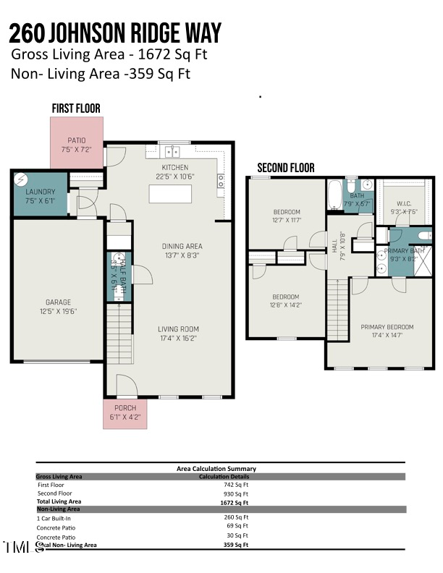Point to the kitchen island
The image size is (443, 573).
pos(171,195)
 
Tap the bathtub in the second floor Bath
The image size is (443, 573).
pos(334,195)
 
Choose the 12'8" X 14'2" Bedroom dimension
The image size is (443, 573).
pos(285,305)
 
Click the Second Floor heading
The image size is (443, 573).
pos(286,168)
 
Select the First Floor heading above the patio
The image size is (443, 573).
pos(75,109)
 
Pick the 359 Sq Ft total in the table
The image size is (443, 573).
pos(236,545)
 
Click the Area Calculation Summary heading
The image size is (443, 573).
pos(216,469)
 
